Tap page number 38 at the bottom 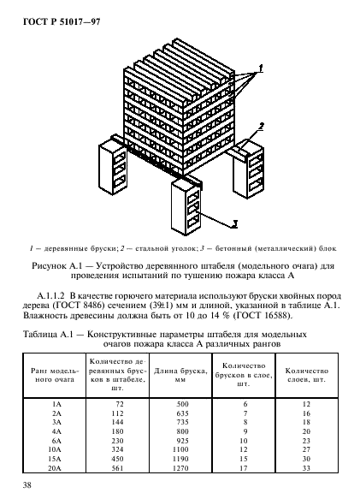(27, 486)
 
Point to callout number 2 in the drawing (262, 126)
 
